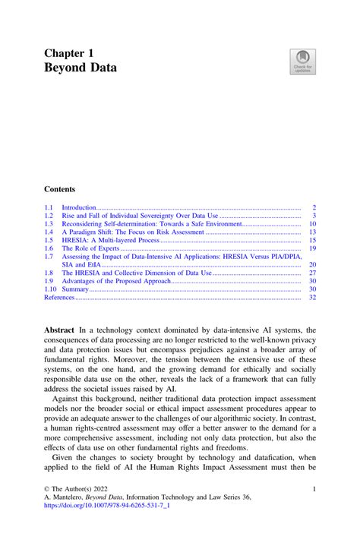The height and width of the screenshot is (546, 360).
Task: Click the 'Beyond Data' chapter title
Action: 81,68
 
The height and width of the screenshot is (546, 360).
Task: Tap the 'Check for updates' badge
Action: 303,62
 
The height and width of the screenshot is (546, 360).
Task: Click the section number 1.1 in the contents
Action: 49,207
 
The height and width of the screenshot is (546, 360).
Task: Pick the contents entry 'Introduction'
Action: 79,207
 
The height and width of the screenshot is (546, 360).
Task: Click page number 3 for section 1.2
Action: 313,216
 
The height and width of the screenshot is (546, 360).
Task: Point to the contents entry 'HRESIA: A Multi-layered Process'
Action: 111,240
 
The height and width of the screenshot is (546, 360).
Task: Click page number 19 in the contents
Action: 311,248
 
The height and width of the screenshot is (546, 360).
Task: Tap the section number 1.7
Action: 49,257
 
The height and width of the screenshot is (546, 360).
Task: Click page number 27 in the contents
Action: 311,273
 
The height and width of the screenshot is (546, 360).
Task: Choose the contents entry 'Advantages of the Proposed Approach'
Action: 116,281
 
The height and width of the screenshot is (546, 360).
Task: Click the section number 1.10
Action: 51,289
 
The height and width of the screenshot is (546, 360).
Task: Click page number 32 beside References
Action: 311,298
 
